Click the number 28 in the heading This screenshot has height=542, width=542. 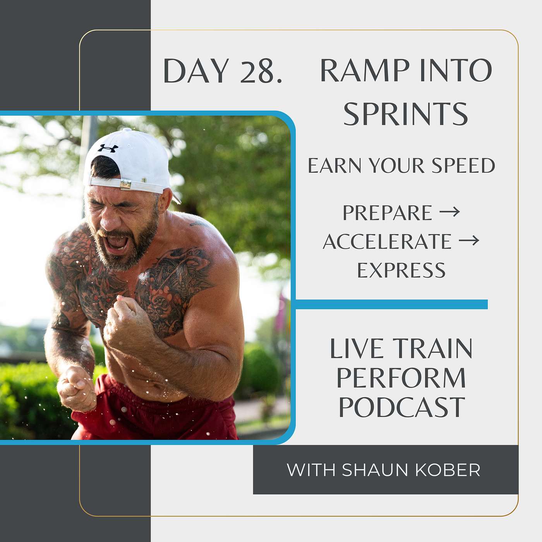(257, 71)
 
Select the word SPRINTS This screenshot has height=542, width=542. (406, 114)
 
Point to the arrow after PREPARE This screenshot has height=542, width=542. (449, 212)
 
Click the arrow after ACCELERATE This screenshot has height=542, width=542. (469, 241)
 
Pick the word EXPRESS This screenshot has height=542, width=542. (401, 270)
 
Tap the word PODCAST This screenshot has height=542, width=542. (401, 407)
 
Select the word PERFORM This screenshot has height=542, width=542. (401, 378)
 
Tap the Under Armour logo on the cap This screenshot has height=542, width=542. (108, 148)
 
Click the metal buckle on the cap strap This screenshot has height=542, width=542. (125, 184)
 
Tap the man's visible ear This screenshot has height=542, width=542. (165, 200)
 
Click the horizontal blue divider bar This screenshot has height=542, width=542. (391, 304)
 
